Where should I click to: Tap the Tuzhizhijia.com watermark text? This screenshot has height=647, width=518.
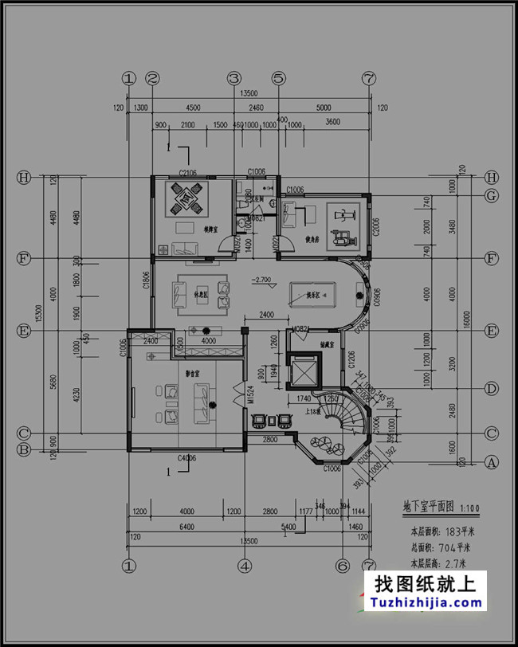point(424,603)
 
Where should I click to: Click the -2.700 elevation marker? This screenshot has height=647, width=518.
point(261,280)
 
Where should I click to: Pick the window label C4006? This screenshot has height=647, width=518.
point(188,457)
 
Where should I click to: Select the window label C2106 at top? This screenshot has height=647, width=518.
point(188,172)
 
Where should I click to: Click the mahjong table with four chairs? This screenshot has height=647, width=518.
point(188,199)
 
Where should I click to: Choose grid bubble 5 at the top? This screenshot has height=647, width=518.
point(278,78)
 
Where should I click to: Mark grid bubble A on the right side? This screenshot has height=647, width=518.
point(492,461)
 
